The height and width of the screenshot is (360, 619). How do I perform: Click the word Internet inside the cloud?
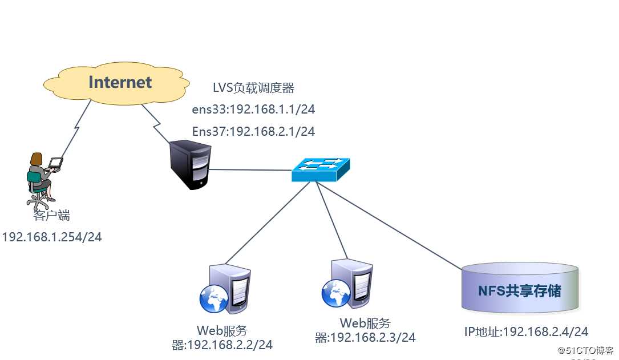[120, 82]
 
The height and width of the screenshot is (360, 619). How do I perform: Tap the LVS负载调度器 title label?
[253, 88]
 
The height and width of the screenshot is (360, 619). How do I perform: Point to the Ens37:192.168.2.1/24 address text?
[253, 131]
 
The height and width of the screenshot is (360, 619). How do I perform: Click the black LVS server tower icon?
[191, 166]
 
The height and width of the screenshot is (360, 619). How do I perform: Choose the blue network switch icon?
[321, 169]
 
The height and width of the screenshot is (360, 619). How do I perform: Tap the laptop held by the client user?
[55, 164]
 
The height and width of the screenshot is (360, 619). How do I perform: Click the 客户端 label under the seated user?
[51, 216]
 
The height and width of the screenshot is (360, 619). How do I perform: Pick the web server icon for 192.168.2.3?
[349, 284]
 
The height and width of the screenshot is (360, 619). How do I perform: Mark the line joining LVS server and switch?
[251, 169]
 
